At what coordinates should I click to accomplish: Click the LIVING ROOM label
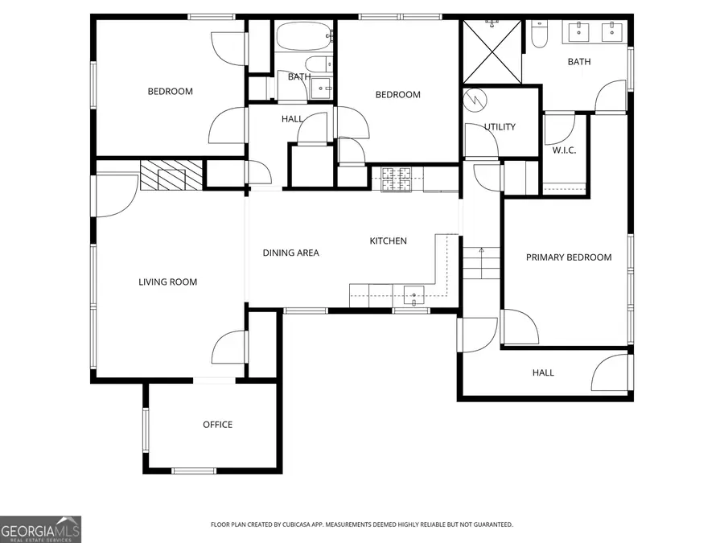point(167,282)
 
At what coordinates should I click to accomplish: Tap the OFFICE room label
point(217,425)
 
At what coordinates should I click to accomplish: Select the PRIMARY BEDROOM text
point(568,257)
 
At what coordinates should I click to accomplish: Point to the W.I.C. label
point(563,150)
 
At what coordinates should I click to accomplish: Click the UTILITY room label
point(500,127)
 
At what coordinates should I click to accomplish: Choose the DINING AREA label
point(290,253)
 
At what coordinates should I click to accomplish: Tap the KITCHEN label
point(388,241)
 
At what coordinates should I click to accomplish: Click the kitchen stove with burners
point(397,179)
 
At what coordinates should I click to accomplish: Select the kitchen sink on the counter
point(414,296)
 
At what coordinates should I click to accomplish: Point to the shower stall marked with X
point(491,52)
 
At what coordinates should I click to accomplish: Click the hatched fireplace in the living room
point(170,175)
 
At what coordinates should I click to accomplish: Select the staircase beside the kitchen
point(480,263)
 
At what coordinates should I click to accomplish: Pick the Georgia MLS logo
point(40,529)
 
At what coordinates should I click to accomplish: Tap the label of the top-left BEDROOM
point(170,91)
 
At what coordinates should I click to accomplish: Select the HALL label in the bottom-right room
point(543,372)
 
